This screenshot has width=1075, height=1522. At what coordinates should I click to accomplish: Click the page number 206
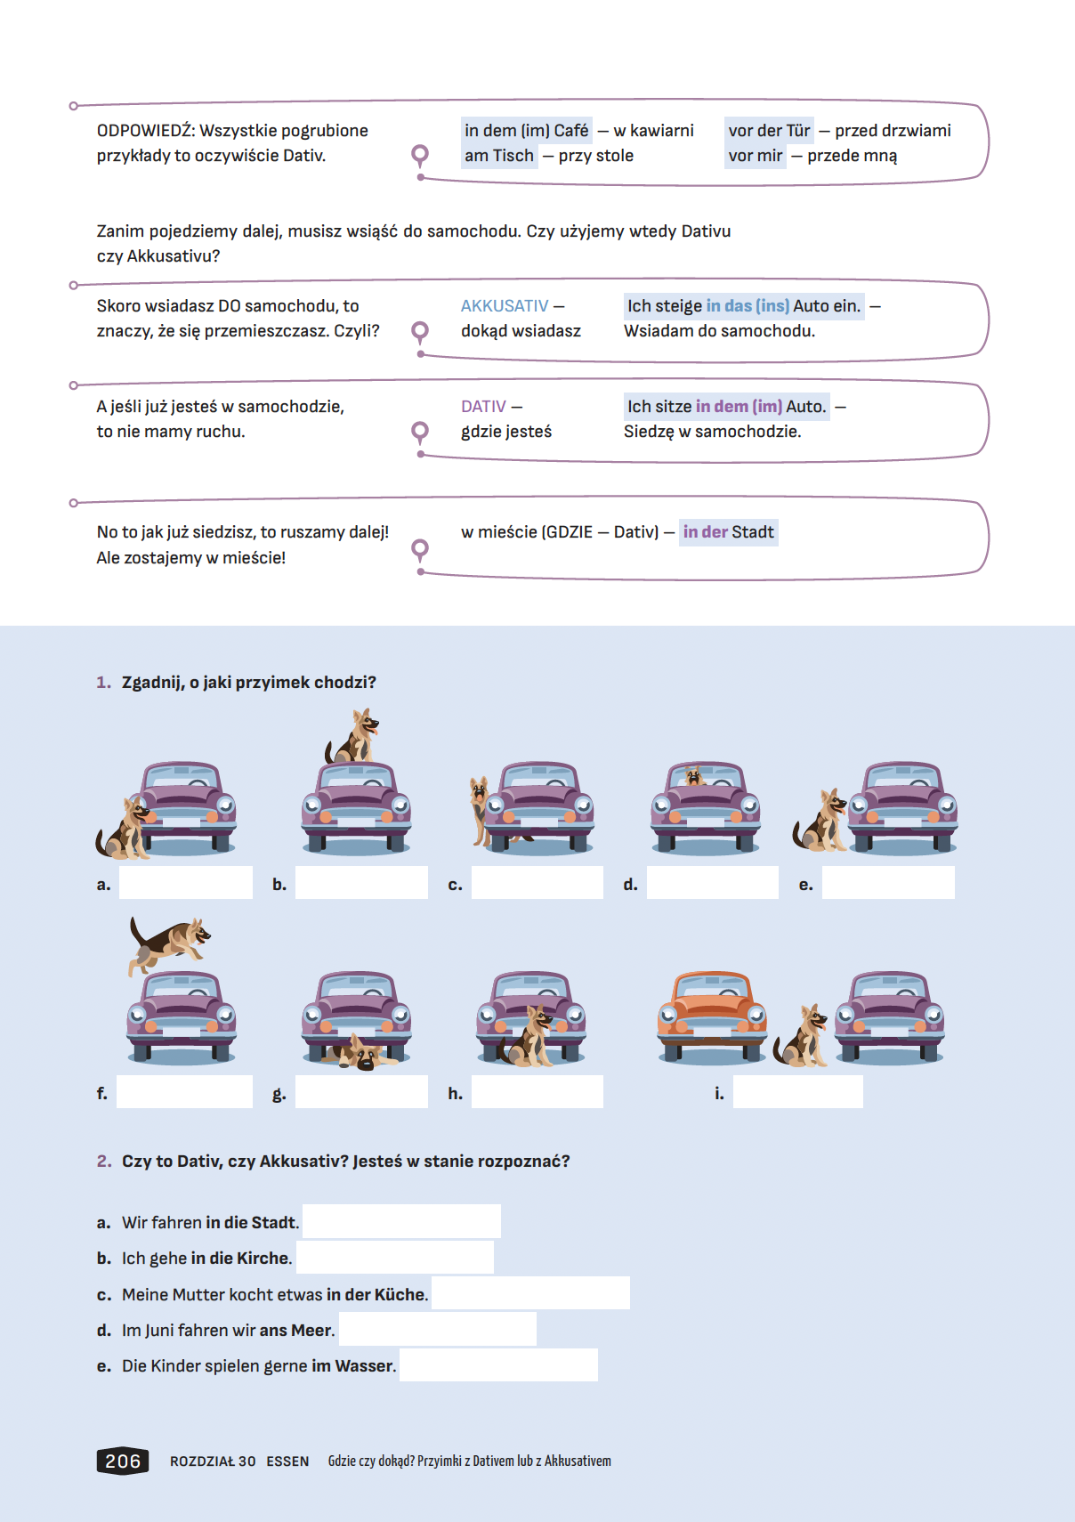[123, 1461]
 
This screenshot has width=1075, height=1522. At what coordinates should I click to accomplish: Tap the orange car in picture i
[712, 1015]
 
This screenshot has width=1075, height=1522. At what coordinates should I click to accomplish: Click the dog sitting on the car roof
[355, 737]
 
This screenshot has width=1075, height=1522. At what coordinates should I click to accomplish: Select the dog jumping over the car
[169, 943]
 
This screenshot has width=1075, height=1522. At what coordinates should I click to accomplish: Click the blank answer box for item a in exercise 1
[186, 883]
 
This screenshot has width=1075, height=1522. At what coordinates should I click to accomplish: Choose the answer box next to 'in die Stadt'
[401, 1221]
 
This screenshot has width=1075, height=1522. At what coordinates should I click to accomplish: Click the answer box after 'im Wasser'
[498, 1364]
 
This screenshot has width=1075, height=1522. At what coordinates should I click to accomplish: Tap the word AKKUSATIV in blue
[505, 306]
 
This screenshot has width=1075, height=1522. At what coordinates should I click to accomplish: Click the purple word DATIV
[483, 407]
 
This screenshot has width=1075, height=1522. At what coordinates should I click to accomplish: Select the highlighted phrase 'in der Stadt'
[728, 532]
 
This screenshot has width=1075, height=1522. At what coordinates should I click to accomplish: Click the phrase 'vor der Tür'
[769, 131]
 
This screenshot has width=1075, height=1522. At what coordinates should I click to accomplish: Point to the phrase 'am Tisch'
[499, 156]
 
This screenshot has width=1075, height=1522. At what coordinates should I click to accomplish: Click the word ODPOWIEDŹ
[144, 131]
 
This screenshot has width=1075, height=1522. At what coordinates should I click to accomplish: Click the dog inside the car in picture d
[695, 776]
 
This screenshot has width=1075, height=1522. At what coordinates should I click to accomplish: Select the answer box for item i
[797, 1092]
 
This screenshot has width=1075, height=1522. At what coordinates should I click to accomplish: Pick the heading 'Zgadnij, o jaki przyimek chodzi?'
[248, 683]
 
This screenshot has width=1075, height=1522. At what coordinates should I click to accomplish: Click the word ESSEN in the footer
[287, 1461]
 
